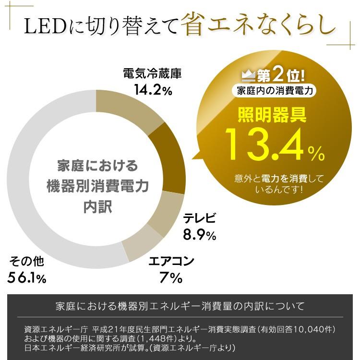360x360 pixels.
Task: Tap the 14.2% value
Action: [x=153, y=90]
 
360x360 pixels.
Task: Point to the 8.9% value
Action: [x=199, y=235]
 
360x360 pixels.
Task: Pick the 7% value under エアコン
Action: [x=171, y=277]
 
